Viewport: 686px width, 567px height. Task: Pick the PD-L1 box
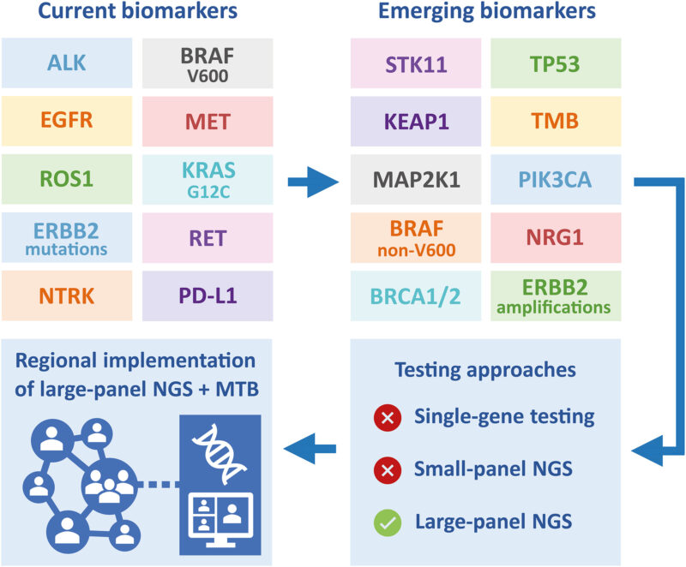207,295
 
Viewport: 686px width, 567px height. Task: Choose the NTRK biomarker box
65,295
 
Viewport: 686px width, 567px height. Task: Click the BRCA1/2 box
416,295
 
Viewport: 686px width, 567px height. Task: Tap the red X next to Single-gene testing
387,418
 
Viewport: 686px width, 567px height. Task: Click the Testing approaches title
486,371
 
